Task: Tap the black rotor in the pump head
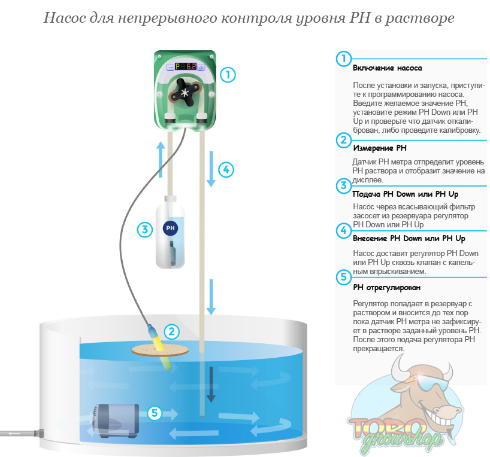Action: click(184, 93)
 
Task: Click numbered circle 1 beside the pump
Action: click(228, 75)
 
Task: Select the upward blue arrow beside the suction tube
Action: click(161, 157)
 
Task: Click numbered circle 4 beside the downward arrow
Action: click(225, 169)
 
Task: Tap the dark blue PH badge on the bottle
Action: click(170, 228)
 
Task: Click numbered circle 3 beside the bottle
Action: click(144, 228)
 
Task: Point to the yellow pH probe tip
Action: click(161, 344)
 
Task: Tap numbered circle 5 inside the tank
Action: click(155, 413)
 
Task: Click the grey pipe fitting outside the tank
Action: click(40, 431)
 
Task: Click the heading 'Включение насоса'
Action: click(388, 68)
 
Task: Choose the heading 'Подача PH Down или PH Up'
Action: click(406, 194)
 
